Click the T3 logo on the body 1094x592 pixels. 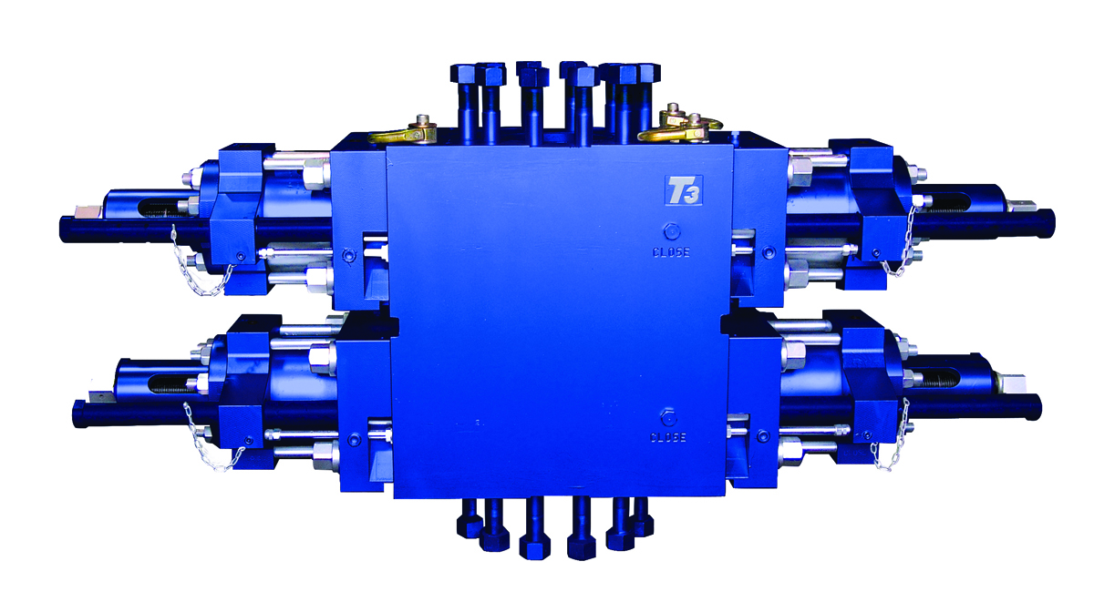pos(683,189)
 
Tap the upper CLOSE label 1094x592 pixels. pos(671,252)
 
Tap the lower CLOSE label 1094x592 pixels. pos(667,437)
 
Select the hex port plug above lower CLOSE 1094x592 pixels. pos(667,418)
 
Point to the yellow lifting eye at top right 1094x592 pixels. pos(679,127)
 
